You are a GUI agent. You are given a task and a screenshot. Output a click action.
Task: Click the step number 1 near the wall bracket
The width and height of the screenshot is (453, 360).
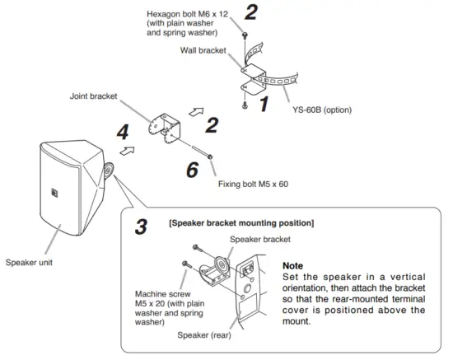264,105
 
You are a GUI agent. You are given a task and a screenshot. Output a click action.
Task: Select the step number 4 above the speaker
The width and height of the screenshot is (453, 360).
122,131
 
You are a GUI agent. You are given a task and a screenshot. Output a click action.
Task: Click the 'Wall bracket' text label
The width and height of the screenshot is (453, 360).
202,51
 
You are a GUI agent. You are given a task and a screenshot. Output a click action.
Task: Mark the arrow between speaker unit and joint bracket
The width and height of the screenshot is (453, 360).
127,152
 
